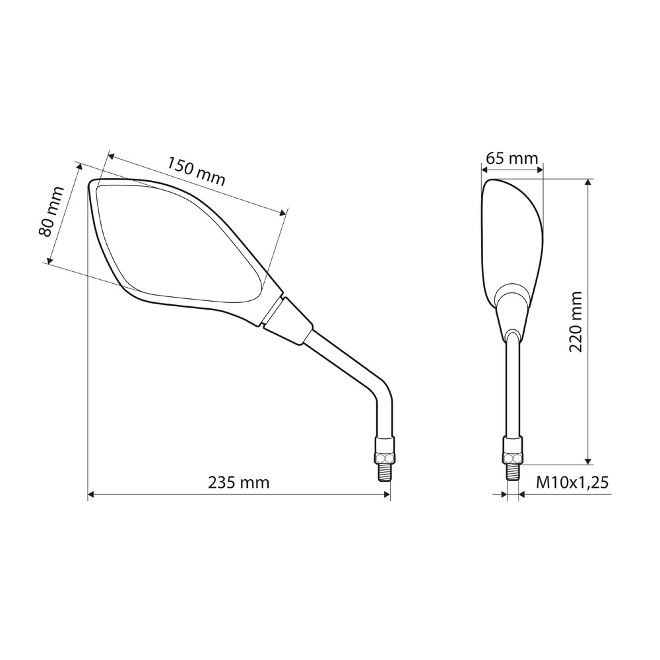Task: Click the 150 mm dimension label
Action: click(197, 172)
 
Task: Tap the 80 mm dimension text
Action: click(51, 212)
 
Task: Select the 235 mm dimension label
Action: click(239, 482)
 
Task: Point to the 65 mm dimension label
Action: click(512, 158)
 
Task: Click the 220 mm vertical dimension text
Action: click(576, 321)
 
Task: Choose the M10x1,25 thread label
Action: click(572, 482)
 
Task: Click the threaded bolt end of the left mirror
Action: click(384, 473)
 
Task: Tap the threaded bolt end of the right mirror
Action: click(513, 473)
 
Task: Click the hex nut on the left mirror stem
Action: click(384, 458)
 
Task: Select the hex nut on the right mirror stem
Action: click(513, 458)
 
